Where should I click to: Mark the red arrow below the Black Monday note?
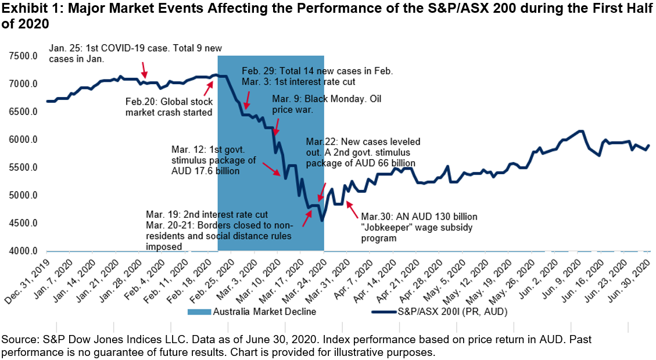276,127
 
